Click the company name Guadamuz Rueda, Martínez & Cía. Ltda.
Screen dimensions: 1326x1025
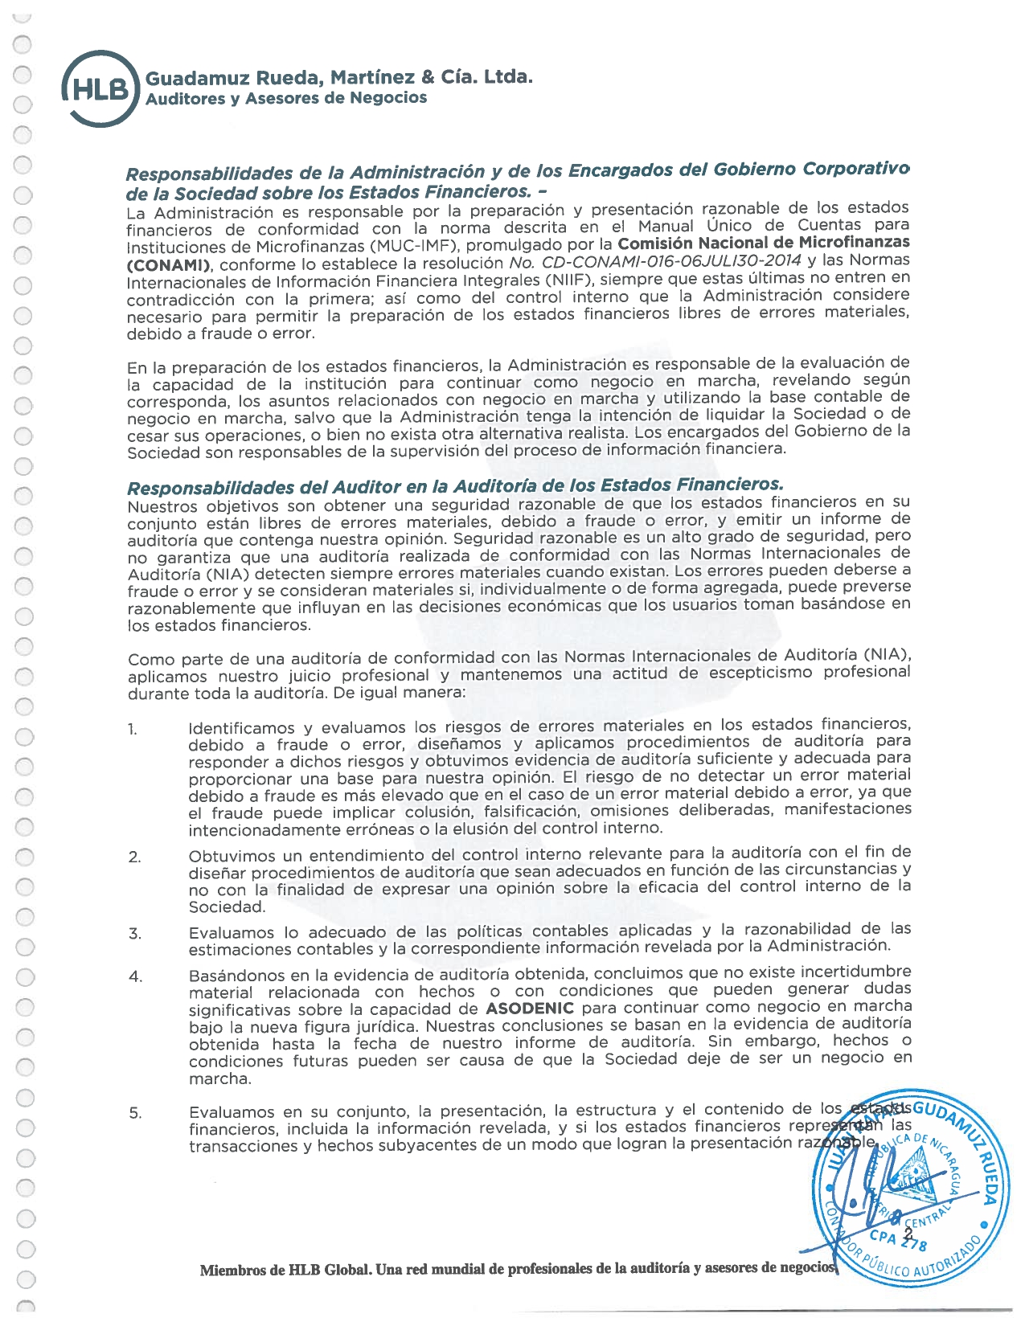click(x=338, y=78)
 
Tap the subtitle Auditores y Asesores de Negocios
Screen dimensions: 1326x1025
click(x=285, y=98)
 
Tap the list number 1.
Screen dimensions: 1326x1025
click(x=132, y=730)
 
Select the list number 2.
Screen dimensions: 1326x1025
click(x=134, y=857)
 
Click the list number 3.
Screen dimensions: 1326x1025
click(x=134, y=934)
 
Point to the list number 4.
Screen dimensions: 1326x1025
click(x=135, y=977)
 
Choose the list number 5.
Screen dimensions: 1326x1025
click(x=135, y=1113)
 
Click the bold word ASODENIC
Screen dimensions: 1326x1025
click(x=530, y=1009)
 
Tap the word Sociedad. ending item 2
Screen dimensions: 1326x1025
click(x=227, y=907)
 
